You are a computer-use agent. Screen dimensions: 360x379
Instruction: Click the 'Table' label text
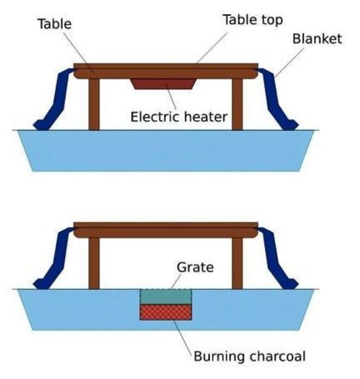click(55, 24)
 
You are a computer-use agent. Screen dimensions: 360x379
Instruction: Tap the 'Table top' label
click(253, 20)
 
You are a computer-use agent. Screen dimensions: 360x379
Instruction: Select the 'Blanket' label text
click(317, 39)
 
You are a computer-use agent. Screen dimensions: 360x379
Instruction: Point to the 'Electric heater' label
click(179, 117)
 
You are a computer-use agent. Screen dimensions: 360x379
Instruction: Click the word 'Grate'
click(195, 268)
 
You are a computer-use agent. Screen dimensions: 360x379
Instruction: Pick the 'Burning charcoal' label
click(250, 357)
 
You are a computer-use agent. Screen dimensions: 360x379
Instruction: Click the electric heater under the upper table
click(164, 84)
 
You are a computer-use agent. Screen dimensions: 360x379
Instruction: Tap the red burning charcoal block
click(166, 312)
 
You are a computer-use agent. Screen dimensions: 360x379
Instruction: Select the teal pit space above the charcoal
click(166, 297)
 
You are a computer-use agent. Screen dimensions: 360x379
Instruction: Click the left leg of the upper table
click(94, 104)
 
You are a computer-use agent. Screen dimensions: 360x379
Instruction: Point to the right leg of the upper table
click(237, 104)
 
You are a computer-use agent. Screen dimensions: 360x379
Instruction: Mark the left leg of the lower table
click(94, 263)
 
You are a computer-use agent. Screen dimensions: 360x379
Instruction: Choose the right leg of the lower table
click(237, 263)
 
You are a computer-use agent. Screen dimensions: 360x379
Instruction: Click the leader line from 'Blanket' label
click(289, 63)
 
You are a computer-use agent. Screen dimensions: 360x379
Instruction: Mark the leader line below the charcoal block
click(183, 337)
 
